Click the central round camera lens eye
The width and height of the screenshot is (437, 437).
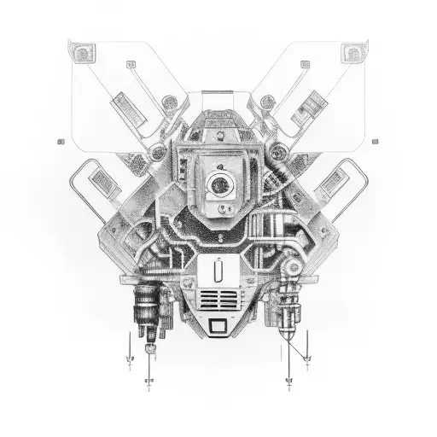218,182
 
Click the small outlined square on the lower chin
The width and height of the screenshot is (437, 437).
218,325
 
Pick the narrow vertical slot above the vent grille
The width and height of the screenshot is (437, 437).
218,274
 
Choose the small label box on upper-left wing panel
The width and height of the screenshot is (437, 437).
132,64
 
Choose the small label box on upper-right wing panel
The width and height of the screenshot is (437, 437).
305,64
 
